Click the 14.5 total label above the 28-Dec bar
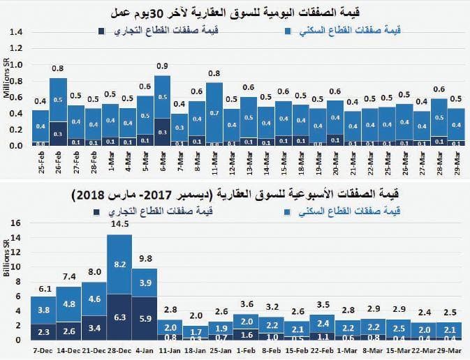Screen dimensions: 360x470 click(119, 225)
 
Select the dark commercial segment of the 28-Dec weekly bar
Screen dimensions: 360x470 click(119, 317)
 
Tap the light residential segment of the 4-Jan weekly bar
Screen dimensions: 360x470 click(145, 283)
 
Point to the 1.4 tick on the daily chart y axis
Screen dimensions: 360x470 click(17, 32)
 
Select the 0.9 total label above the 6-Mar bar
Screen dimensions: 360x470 click(162, 66)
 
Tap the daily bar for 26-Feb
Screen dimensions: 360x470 click(59, 112)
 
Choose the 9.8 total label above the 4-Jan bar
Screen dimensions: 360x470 click(145, 259)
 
